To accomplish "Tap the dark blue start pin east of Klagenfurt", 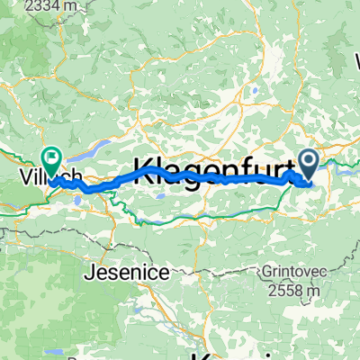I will (x=309, y=165).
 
